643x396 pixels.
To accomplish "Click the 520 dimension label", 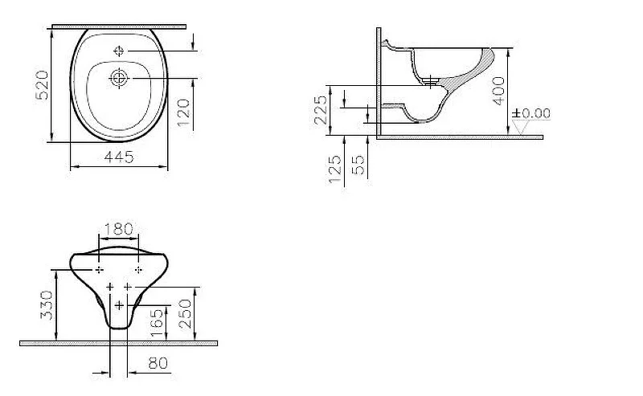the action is point(43,85).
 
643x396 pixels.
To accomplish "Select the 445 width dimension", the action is point(119,157).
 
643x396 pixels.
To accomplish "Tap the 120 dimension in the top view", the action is point(183,112).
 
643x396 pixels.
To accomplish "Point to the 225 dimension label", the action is point(321,109).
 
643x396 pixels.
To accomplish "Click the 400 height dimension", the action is point(498,91).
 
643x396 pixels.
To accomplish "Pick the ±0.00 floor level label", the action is point(531,113).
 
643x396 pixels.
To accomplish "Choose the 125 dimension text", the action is point(334,169).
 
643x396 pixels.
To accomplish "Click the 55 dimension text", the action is point(358,165).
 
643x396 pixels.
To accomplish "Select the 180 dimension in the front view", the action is point(119,229).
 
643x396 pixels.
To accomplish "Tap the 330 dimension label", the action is point(47,305).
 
